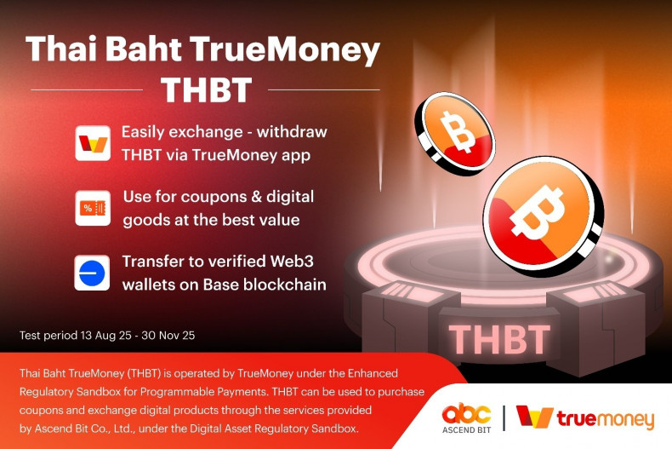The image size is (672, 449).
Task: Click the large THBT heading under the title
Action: (x=206, y=89)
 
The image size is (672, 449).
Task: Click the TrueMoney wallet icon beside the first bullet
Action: (x=93, y=143)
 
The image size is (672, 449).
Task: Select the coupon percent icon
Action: (x=93, y=208)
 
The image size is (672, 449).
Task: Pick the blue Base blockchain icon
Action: (x=93, y=273)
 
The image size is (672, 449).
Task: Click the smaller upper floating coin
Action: (x=453, y=131)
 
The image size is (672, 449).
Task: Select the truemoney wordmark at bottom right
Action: (x=605, y=419)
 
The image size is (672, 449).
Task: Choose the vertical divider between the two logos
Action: (x=504, y=418)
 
